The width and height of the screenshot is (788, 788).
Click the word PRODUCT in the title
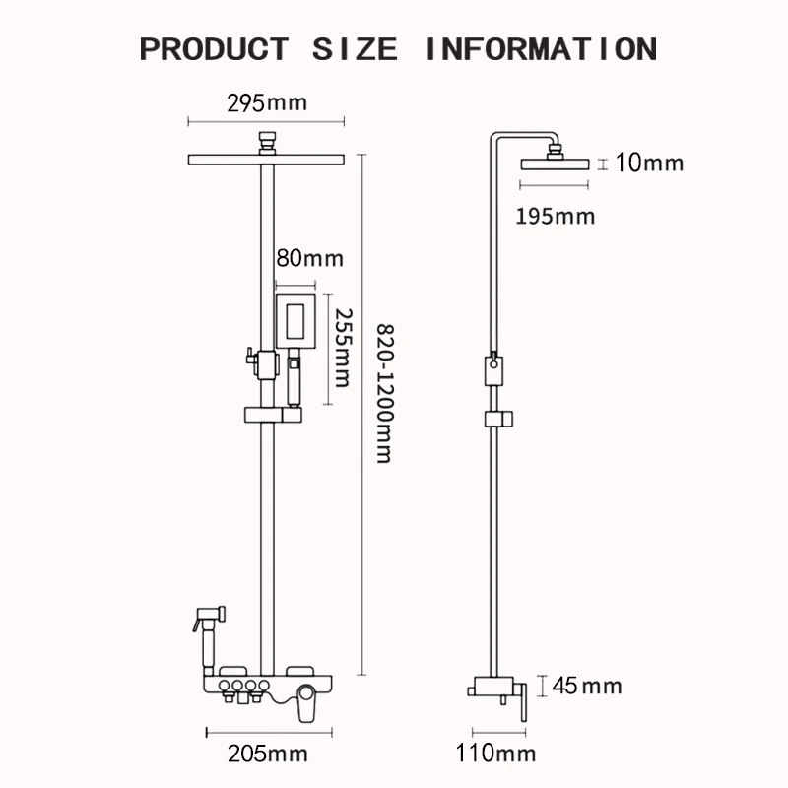pos(214,48)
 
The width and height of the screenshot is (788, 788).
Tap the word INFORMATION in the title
pos(540,48)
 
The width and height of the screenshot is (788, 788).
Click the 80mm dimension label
pos(309,259)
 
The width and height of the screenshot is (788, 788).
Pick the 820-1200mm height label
pos(385,393)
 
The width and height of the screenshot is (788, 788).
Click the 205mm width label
pos(267,755)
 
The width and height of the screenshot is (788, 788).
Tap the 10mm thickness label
pos(648,163)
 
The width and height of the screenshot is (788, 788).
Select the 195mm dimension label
pos(556,216)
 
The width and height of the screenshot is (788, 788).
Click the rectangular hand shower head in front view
pos(296,320)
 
